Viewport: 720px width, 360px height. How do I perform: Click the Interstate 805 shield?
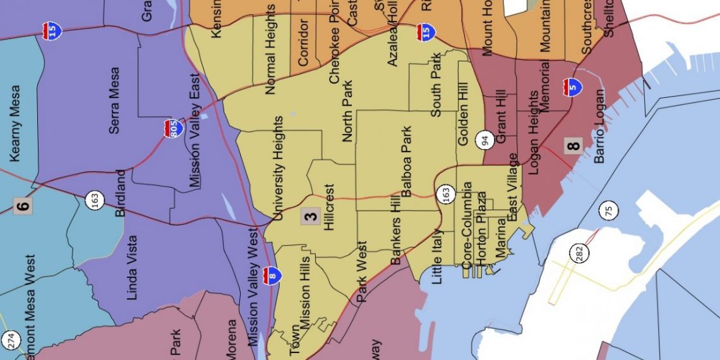174,128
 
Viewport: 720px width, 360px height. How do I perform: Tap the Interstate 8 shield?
273,275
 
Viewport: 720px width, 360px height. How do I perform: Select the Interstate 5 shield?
572,87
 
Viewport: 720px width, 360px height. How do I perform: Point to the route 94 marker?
484,140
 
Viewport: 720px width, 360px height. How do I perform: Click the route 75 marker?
610,211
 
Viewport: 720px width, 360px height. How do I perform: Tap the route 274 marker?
10,340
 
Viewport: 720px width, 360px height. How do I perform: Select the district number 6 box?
22,205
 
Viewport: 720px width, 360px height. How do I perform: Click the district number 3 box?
310,217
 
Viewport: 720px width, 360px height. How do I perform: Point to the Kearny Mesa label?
15,124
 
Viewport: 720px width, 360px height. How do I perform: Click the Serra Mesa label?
114,109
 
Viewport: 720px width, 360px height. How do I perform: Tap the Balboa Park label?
407,162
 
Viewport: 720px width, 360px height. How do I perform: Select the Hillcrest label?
329,208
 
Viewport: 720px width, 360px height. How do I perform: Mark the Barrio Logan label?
599,126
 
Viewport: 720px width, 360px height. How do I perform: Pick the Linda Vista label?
132,268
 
